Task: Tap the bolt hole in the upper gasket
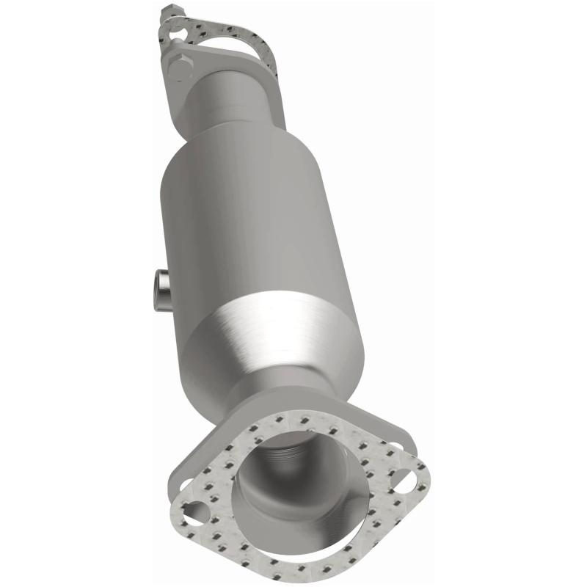(x=174, y=32)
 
